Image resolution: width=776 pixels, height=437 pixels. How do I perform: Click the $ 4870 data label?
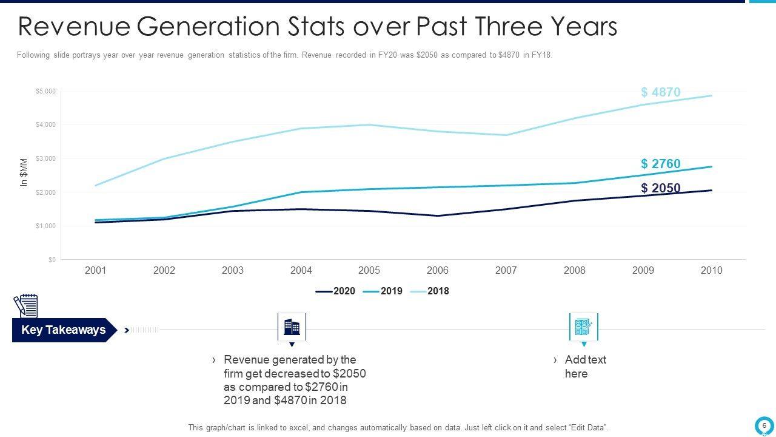660,92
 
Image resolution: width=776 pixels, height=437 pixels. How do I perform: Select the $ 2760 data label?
660,164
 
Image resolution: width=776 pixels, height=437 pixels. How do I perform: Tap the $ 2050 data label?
660,188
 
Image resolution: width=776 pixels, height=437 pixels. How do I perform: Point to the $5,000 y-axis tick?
46,92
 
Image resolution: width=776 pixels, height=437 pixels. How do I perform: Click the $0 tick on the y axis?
52,260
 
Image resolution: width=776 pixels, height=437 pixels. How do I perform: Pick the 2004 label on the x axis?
301,271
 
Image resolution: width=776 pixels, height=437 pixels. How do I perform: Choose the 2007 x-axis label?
506,271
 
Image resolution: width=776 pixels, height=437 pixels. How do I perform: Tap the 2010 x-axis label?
711,271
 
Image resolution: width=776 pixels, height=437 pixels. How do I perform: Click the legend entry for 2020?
336,291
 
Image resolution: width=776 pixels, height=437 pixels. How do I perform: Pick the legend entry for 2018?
430,291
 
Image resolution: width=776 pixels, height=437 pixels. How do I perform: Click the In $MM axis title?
24,172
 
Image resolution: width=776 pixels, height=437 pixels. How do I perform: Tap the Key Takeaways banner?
63,330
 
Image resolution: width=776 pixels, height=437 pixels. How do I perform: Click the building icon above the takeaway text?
292,327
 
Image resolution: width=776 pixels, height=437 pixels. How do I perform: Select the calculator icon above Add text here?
583,327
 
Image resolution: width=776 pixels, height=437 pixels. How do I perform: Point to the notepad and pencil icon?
25,306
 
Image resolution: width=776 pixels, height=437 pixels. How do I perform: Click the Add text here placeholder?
584,367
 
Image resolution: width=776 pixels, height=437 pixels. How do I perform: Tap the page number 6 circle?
764,425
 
